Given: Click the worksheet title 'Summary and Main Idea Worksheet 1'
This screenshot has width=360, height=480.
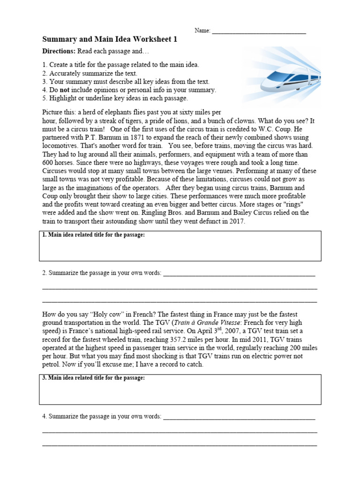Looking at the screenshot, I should pyautogui.click(x=110, y=40).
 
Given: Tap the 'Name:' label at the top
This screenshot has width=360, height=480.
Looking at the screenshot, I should pyautogui.click(x=202, y=31).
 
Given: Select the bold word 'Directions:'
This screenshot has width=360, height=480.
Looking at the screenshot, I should pyautogui.click(x=59, y=51).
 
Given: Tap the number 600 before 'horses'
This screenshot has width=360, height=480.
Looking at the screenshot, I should pyautogui.click(x=49, y=163).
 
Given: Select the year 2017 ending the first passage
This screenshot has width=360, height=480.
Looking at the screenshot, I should pyautogui.click(x=237, y=221).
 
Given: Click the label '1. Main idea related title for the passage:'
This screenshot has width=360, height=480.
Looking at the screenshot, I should pyautogui.click(x=94, y=235).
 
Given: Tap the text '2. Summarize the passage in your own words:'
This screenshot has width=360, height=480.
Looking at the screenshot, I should pyautogui.click(x=102, y=273).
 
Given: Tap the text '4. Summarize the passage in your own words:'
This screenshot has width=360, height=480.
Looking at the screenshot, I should pyautogui.click(x=102, y=416).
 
